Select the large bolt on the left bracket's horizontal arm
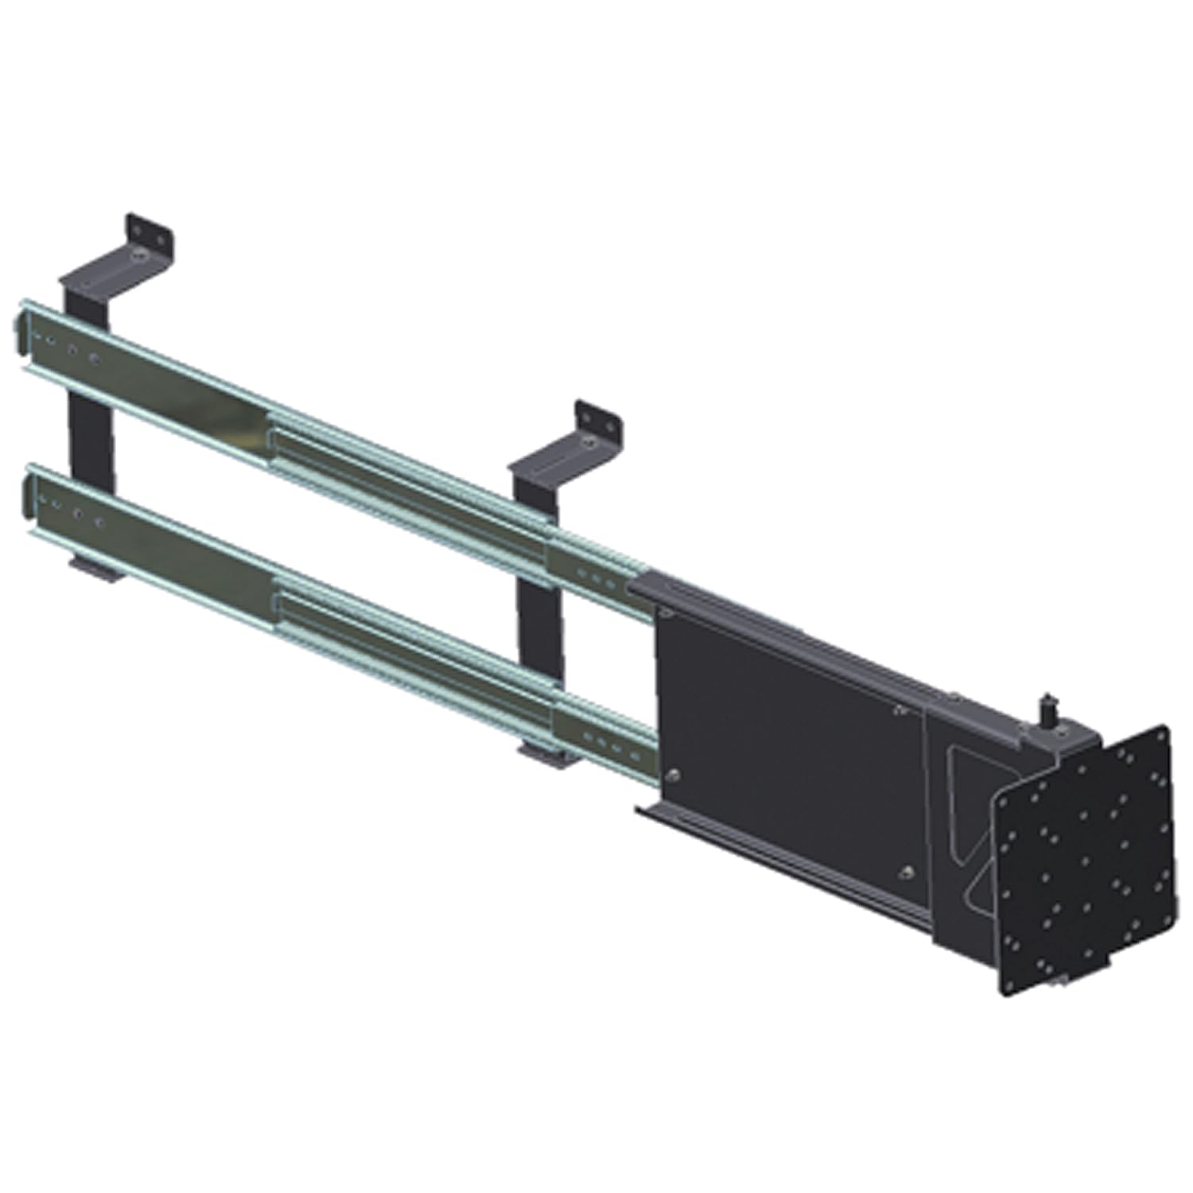tap(140, 256)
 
